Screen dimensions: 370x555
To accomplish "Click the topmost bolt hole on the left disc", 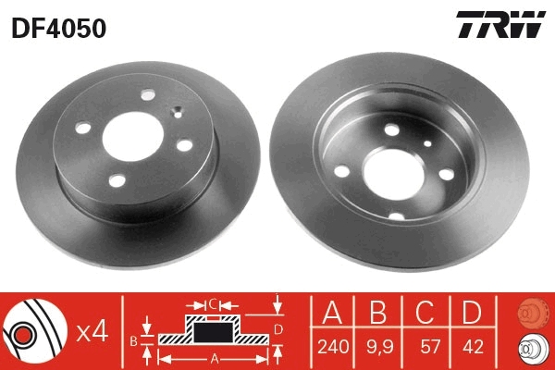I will point(149,94).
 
